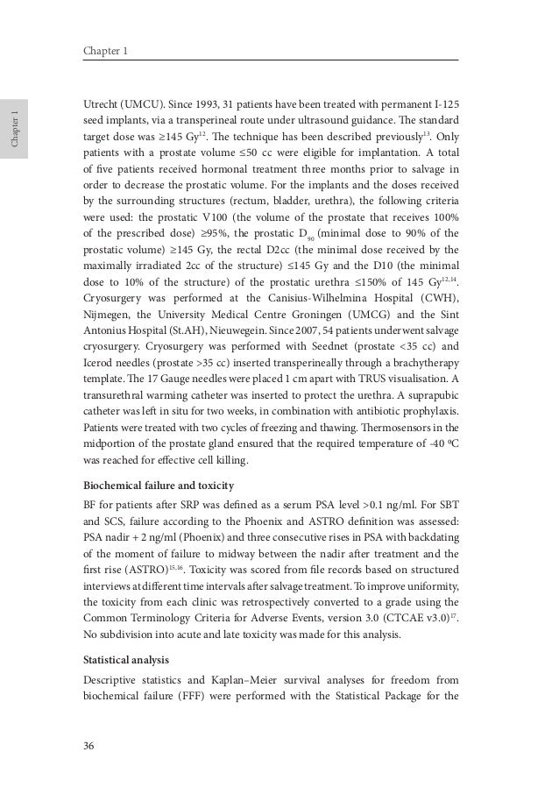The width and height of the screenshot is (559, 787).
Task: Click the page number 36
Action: pos(88,746)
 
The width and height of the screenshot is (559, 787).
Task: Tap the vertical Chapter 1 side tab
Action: pos(15,130)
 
